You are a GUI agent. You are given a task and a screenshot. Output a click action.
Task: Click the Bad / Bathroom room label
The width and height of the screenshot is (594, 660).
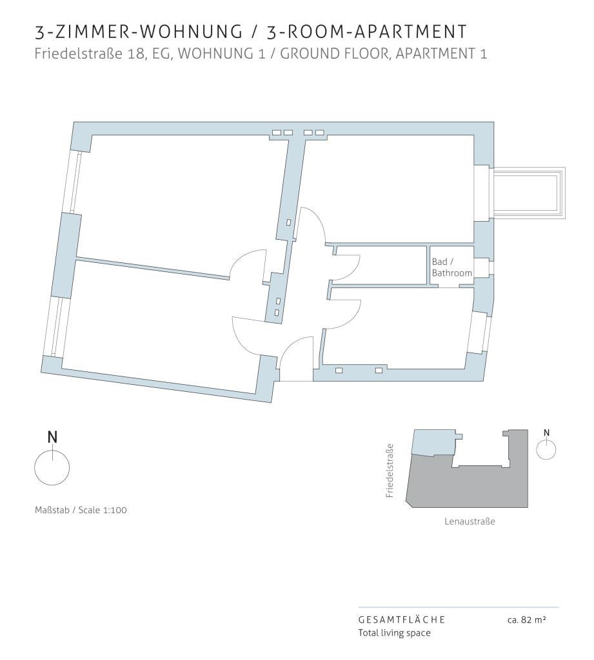pyautogui.click(x=451, y=267)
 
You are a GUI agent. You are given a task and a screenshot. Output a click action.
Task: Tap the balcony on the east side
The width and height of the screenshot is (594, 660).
pyautogui.click(x=529, y=193)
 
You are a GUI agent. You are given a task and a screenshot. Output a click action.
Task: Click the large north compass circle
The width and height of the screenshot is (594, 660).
pyautogui.click(x=52, y=467)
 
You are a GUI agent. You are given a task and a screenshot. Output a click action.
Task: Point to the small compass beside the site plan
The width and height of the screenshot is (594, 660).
pyautogui.click(x=546, y=449)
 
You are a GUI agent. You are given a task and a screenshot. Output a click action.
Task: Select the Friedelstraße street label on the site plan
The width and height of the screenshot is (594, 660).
pyautogui.click(x=390, y=471)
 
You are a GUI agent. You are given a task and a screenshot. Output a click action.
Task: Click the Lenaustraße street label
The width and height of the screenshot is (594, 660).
pyautogui.click(x=470, y=521)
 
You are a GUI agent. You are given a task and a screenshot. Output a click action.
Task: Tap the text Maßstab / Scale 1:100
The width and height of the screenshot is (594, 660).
pyautogui.click(x=81, y=510)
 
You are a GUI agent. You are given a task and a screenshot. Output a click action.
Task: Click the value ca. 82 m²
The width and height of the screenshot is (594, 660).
pyautogui.click(x=526, y=619)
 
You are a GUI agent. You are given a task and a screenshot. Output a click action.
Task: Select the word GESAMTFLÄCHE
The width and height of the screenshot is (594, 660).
pyautogui.click(x=401, y=619)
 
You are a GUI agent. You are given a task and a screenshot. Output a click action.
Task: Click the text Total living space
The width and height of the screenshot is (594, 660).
pyautogui.click(x=394, y=633)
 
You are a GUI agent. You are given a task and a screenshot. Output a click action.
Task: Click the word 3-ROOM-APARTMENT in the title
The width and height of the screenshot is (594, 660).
pyautogui.click(x=367, y=32)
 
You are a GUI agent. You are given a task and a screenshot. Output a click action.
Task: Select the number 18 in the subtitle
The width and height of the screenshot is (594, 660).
pyautogui.click(x=137, y=54)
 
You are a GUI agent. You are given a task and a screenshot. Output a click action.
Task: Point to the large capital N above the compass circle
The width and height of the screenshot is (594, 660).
pyautogui.click(x=52, y=438)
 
